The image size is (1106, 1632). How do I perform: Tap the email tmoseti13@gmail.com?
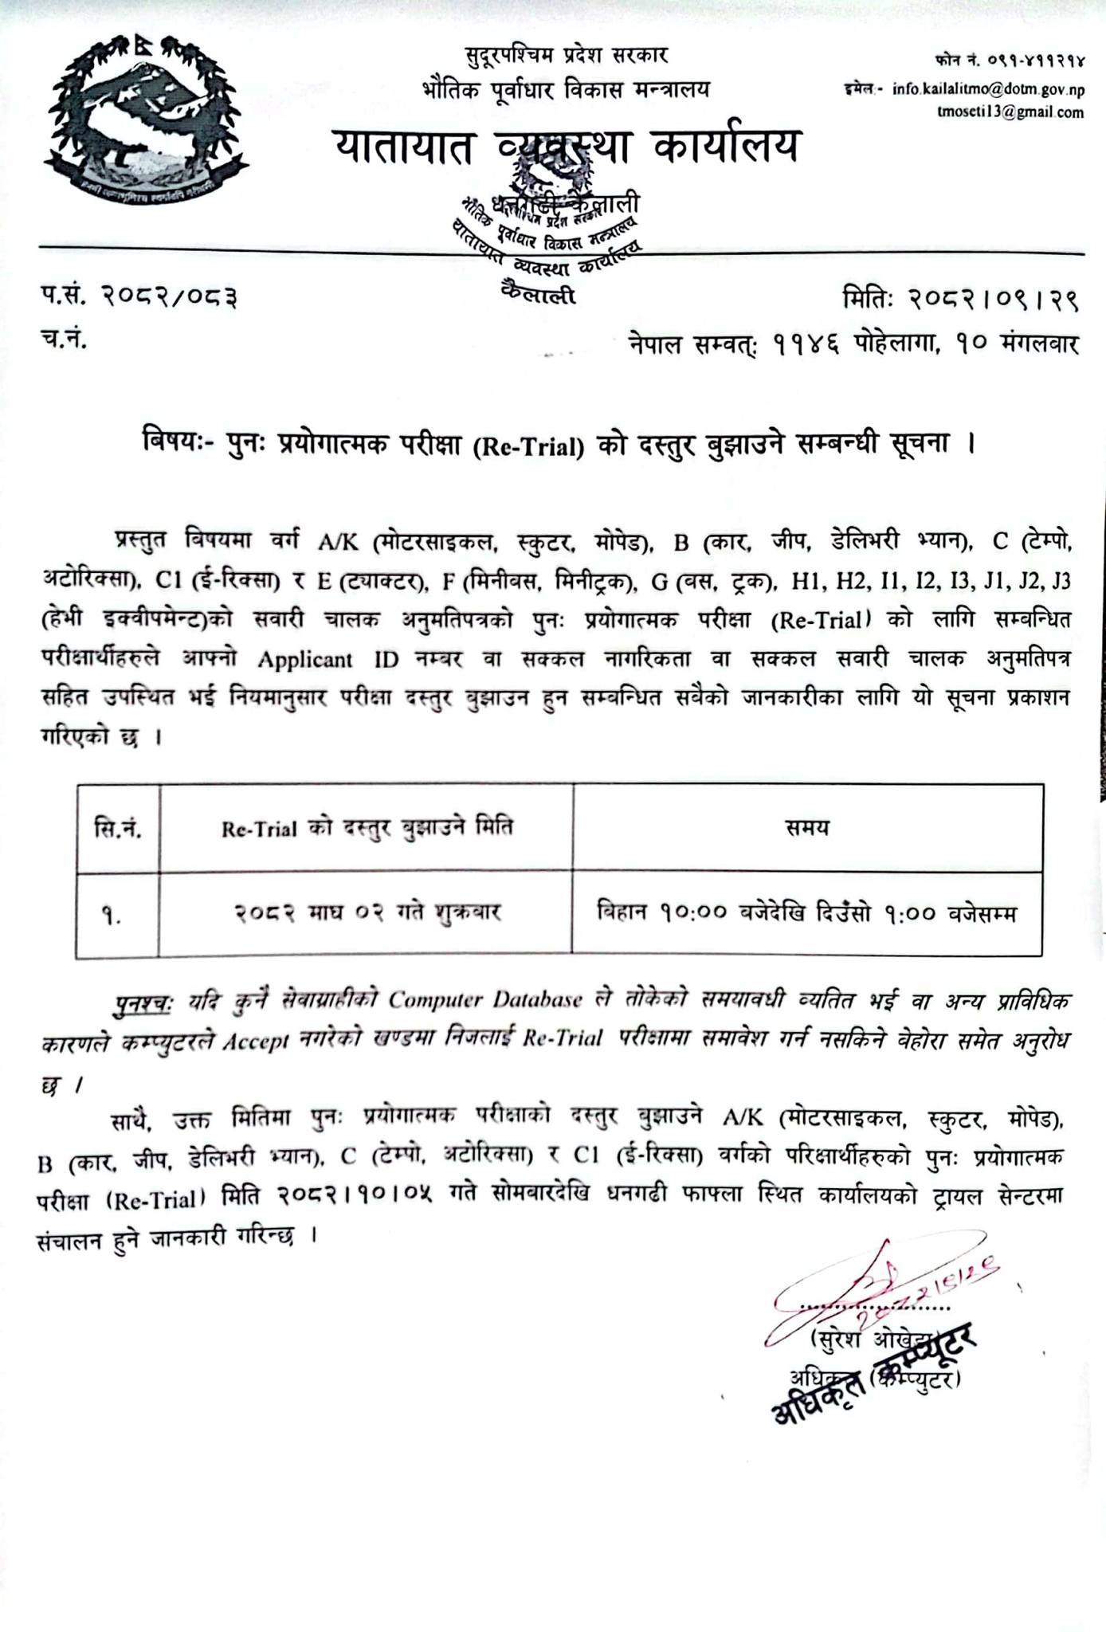tap(1010, 112)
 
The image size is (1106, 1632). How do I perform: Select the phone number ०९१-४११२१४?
tap(1036, 60)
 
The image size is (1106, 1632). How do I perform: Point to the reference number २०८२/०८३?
tap(169, 297)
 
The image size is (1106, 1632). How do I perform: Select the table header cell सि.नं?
tap(118, 829)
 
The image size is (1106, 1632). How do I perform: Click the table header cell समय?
tap(806, 828)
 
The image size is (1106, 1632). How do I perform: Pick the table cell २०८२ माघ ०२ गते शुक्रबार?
tap(367, 912)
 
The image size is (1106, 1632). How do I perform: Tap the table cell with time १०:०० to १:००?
tap(806, 912)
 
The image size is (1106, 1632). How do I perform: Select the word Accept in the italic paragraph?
tap(257, 1042)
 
